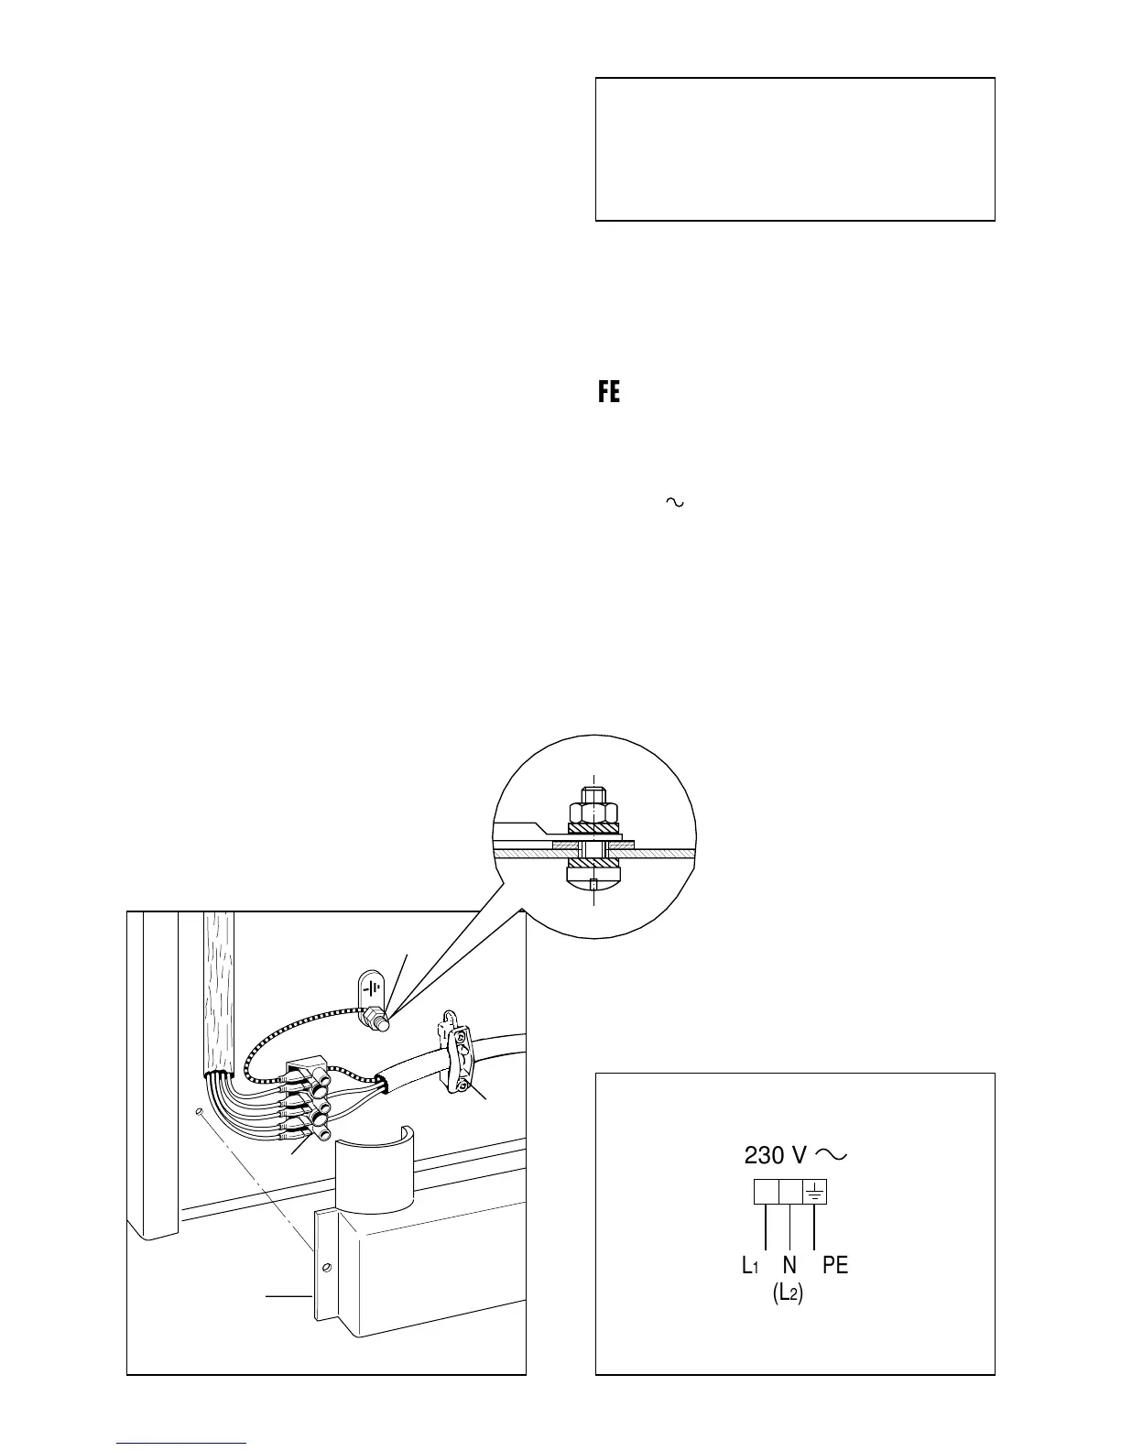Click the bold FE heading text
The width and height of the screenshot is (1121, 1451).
pyautogui.click(x=609, y=393)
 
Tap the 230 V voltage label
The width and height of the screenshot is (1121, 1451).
pyautogui.click(x=775, y=1155)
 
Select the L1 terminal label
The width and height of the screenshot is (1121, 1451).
pyautogui.click(x=750, y=1265)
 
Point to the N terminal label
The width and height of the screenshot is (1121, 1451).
pyautogui.click(x=789, y=1265)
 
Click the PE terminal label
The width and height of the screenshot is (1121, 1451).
pyautogui.click(x=835, y=1265)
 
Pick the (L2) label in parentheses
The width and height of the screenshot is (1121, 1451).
pyautogui.click(x=789, y=1295)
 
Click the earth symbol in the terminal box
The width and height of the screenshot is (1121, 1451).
pyautogui.click(x=814, y=1191)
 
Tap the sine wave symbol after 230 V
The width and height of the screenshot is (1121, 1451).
pyautogui.click(x=830, y=1154)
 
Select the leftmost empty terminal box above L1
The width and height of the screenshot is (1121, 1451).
pyautogui.click(x=766, y=1191)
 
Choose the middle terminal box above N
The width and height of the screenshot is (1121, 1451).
pyautogui.click(x=789, y=1191)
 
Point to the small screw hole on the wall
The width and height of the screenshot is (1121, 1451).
pyautogui.click(x=197, y=1112)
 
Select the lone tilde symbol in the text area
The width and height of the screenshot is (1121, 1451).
pyautogui.click(x=675, y=502)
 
